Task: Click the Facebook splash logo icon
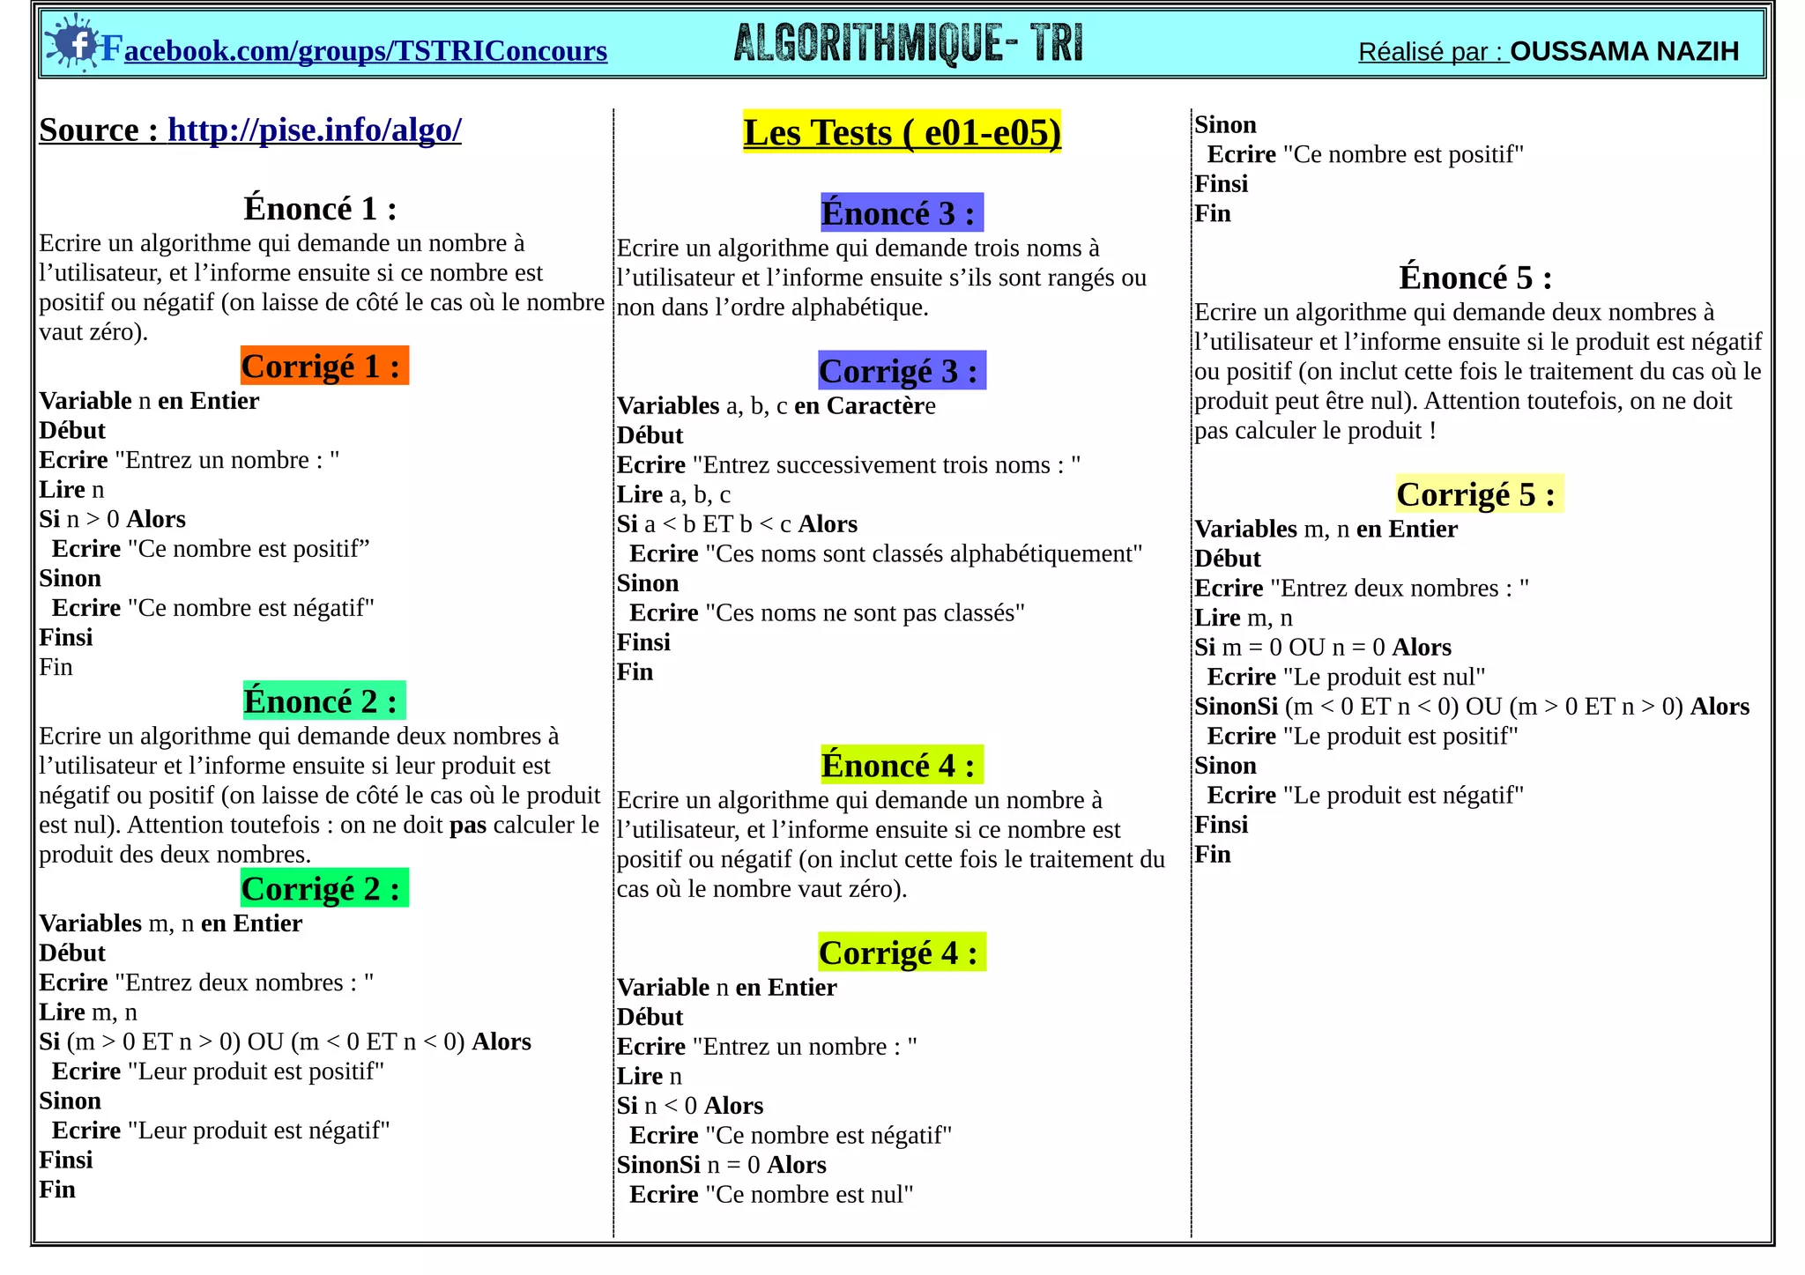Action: pyautogui.click(x=73, y=42)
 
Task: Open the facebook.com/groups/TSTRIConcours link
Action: pyautogui.click(x=365, y=51)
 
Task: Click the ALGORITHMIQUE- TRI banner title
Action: pyautogui.click(x=908, y=43)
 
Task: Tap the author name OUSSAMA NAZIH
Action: pyautogui.click(x=1624, y=51)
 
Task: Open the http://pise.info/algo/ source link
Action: pyautogui.click(x=314, y=130)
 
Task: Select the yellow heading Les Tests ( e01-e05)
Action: pyautogui.click(x=902, y=132)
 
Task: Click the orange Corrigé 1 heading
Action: pyautogui.click(x=323, y=366)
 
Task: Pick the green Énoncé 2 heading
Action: pyautogui.click(x=323, y=701)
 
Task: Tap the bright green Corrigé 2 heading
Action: pyautogui.click(x=323, y=888)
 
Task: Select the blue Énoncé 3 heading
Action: pyautogui.click(x=901, y=213)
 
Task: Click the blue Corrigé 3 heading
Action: pyautogui.click(x=901, y=371)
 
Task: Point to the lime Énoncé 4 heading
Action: pyautogui.click(x=901, y=765)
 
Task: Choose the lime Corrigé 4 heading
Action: pyautogui.click(x=901, y=953)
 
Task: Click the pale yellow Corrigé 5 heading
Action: pyautogui.click(x=1478, y=494)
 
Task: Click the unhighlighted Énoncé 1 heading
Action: pyautogui.click(x=320, y=209)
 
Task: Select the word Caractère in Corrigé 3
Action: pyautogui.click(x=880, y=406)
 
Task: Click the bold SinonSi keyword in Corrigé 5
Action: pyautogui.click(x=1236, y=707)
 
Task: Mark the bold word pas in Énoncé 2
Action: pyautogui.click(x=467, y=825)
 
